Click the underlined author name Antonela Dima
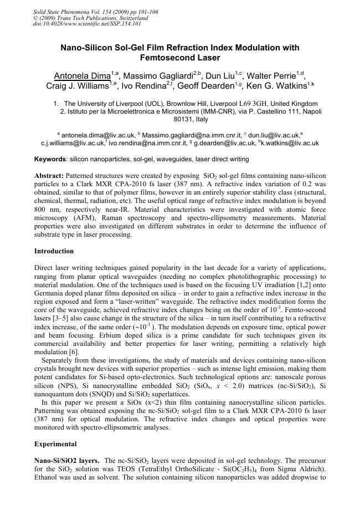point(81,75)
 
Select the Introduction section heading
point(54,251)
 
